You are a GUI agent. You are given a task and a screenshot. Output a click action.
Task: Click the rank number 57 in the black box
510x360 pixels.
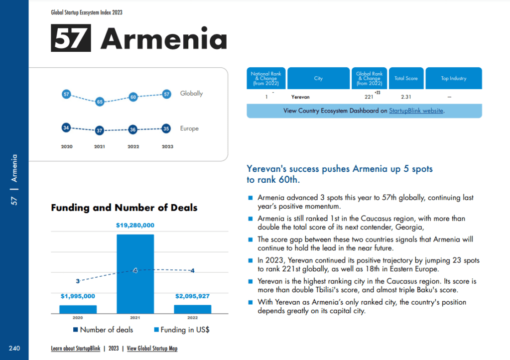click(x=71, y=38)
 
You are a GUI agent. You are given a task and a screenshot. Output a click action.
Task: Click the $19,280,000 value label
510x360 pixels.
click(x=135, y=226)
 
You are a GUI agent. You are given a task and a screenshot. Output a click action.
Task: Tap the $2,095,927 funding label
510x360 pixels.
click(x=192, y=296)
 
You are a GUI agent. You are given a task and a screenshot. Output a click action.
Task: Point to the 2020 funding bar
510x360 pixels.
click(x=78, y=309)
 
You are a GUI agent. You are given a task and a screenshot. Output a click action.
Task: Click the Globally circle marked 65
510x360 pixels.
click(x=100, y=102)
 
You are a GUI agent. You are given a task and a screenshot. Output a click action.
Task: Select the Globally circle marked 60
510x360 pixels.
click(x=133, y=97)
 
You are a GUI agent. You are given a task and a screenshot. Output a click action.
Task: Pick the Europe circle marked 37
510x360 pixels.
click(x=100, y=131)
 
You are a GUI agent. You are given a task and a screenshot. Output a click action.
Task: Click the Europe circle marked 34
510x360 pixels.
click(x=66, y=128)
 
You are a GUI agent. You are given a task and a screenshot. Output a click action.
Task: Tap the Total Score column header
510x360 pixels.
click(x=406, y=79)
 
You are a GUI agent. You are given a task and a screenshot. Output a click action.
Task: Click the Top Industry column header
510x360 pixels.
click(x=453, y=79)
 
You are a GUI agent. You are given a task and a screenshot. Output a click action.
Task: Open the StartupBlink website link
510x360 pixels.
click(x=416, y=111)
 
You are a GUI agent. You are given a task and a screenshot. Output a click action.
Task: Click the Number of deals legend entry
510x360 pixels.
click(x=103, y=330)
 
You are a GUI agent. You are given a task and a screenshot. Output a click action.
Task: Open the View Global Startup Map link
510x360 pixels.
click(x=152, y=349)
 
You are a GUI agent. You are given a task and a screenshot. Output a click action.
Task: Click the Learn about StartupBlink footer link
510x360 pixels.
click(x=76, y=349)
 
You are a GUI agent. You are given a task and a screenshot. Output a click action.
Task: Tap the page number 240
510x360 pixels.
click(x=14, y=348)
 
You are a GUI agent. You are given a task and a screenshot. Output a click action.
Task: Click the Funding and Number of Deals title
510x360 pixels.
click(x=124, y=208)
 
